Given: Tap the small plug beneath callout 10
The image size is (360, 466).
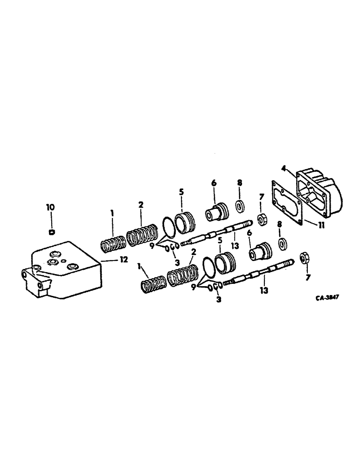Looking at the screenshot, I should pyautogui.click(x=52, y=231).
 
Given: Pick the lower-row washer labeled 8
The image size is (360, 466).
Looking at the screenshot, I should pyautogui.click(x=283, y=244).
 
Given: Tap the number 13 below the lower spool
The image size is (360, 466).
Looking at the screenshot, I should pyautogui.click(x=263, y=290).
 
